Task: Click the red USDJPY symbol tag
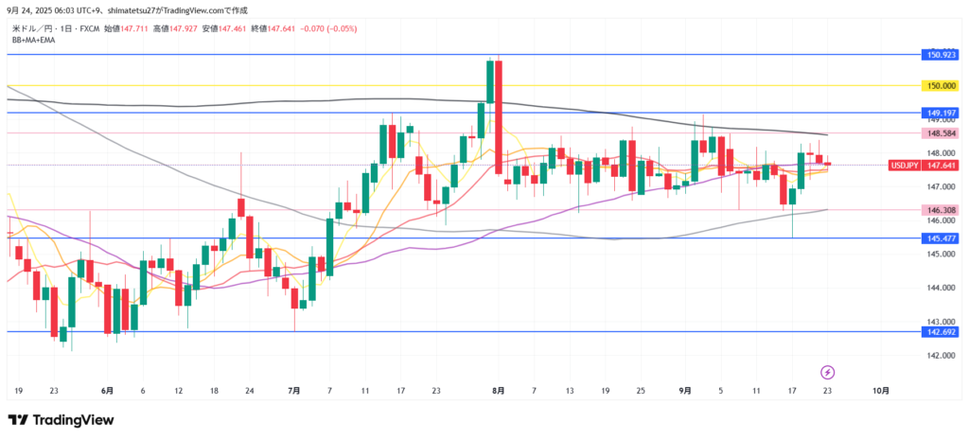coord(903,165)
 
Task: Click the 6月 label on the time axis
coord(107,390)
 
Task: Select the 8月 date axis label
coord(499,390)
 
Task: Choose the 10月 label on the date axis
coord(880,390)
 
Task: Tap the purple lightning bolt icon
coord(827,371)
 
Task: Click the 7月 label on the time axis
coord(294,390)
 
